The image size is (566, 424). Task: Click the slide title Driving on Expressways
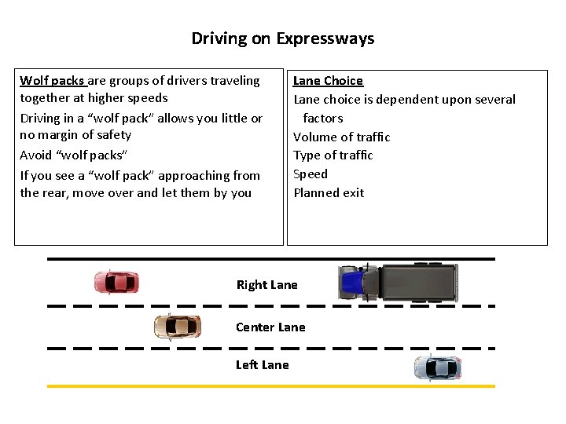[x=283, y=38]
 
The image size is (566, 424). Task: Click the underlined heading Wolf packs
[x=52, y=80]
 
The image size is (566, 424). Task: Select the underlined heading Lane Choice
[x=328, y=80]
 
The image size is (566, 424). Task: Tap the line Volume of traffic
[x=341, y=137]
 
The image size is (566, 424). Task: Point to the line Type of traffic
[x=333, y=155]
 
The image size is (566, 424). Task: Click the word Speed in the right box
[x=310, y=174]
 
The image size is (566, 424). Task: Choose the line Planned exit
[x=329, y=192]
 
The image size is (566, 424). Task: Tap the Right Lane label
[x=266, y=284]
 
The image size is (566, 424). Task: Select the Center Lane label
[x=270, y=327]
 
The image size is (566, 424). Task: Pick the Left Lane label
[x=262, y=364]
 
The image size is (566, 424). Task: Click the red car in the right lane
[x=116, y=282]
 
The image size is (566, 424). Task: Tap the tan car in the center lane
[x=177, y=326]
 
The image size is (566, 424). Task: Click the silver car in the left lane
[x=437, y=367]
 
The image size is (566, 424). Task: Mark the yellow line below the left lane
[x=271, y=386]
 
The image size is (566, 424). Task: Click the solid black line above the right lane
[x=271, y=258]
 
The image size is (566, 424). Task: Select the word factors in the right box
[x=323, y=118]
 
